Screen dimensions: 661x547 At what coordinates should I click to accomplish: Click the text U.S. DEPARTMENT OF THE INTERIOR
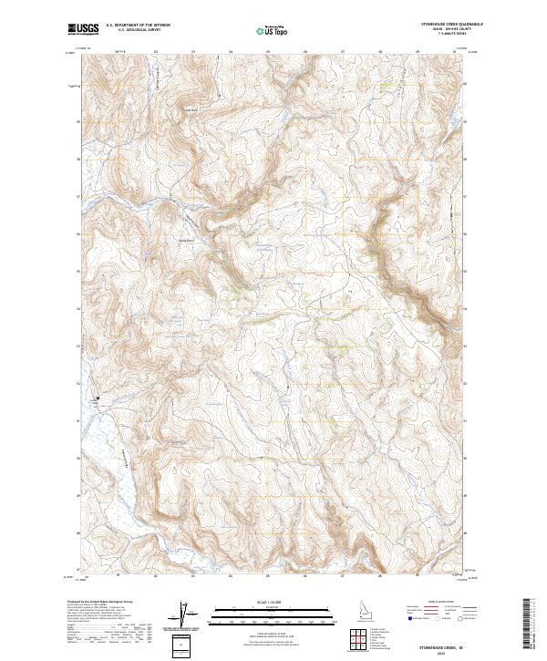point(138,26)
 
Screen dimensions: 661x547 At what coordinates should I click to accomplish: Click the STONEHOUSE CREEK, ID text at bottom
point(441,643)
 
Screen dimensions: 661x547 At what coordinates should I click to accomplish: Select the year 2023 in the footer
point(441,649)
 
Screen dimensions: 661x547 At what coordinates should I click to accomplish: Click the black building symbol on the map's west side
point(98,398)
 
